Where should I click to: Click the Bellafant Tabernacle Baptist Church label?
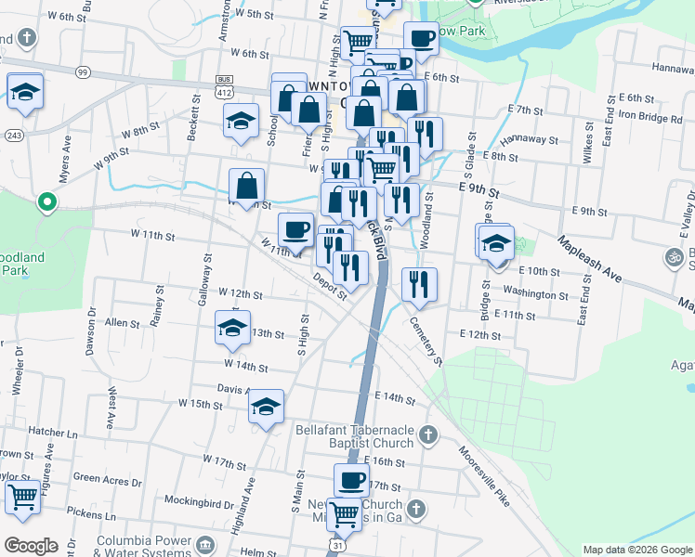click(354, 436)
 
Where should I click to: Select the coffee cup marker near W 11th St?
click(296, 229)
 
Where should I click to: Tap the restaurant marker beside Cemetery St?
click(419, 284)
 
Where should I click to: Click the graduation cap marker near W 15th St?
click(267, 407)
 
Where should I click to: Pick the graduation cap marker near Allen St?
click(232, 328)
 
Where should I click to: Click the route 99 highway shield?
click(84, 71)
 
